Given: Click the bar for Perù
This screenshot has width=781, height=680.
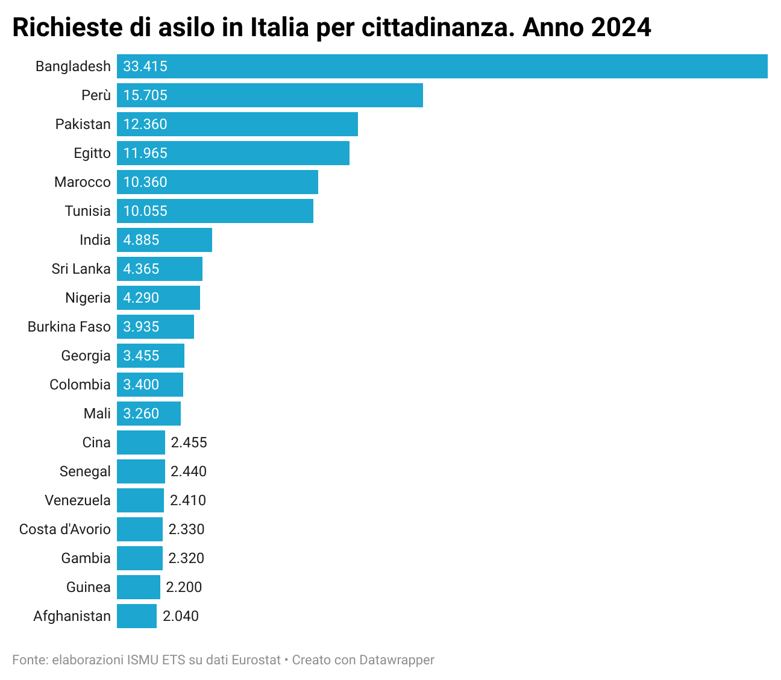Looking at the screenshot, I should click(x=269, y=95).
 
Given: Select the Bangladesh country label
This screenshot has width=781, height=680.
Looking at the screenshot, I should click(x=73, y=66).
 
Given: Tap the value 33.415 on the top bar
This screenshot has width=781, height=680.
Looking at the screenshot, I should click(x=145, y=66).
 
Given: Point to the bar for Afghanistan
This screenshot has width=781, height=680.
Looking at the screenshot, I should click(x=137, y=616).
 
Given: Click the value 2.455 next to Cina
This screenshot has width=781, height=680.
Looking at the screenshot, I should click(x=189, y=442).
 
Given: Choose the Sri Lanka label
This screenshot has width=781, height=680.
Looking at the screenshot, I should click(x=81, y=269).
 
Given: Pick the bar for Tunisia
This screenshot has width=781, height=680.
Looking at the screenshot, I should click(x=215, y=211).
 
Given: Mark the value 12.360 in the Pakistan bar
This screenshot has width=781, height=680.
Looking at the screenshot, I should click(x=145, y=124).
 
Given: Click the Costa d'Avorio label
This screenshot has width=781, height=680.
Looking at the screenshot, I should click(x=65, y=529).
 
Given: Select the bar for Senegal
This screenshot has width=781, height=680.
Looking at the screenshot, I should click(x=141, y=471).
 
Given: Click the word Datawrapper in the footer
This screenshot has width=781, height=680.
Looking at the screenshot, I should click(x=397, y=660).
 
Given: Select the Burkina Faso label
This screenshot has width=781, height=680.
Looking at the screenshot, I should click(x=69, y=327).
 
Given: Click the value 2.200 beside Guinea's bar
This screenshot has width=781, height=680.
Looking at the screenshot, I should click(x=184, y=587).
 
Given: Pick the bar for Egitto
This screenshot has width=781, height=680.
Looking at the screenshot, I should click(x=233, y=153).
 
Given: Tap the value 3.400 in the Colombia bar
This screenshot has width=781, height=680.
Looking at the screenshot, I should click(x=142, y=385).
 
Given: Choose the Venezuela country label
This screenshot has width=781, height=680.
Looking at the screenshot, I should click(x=78, y=500).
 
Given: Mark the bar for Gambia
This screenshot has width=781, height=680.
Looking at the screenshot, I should click(x=140, y=558).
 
